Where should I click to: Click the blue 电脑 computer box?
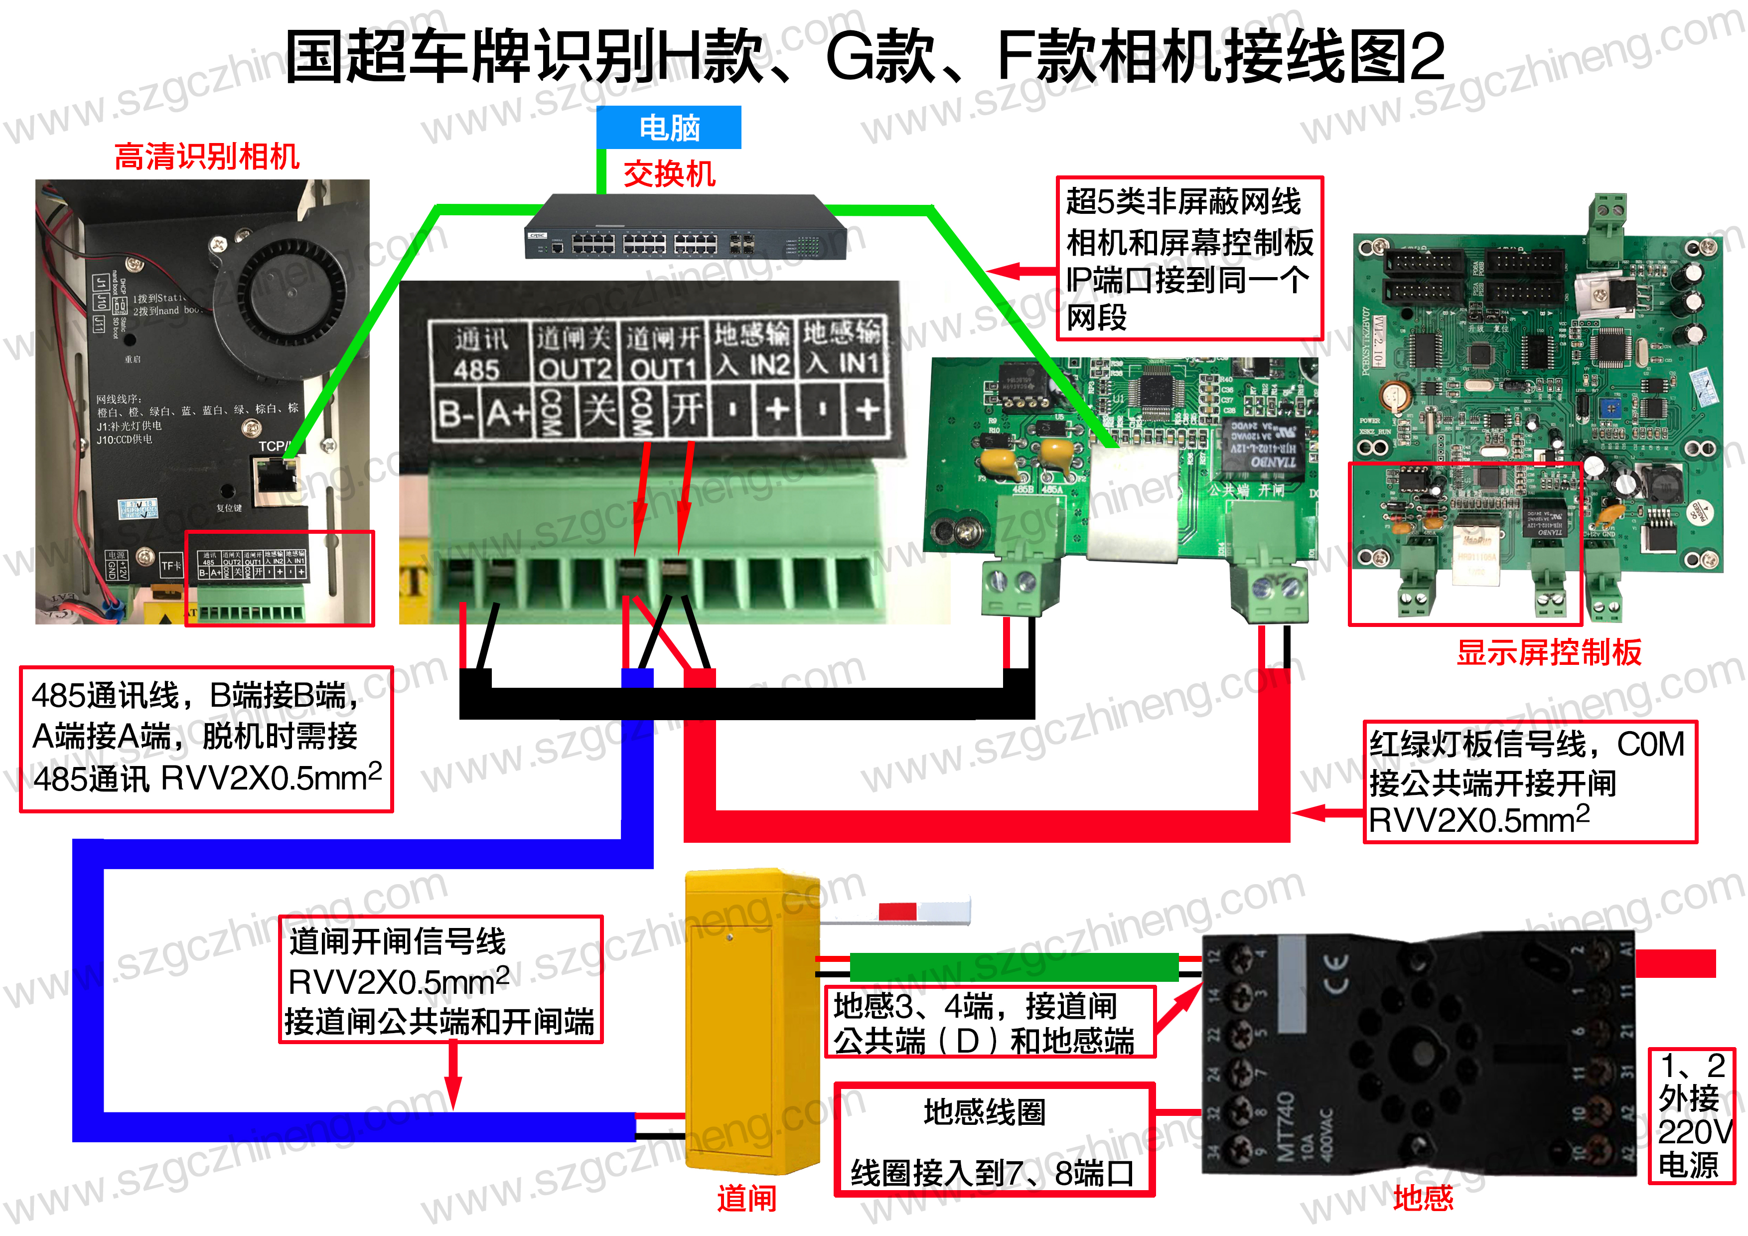tap(668, 127)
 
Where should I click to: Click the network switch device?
tap(685, 228)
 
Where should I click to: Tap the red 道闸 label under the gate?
tap(746, 1199)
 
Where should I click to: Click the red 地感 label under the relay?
tap(1422, 1199)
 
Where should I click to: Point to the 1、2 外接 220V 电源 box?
tap(1691, 1116)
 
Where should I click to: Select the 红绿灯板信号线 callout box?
tap(1530, 782)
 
